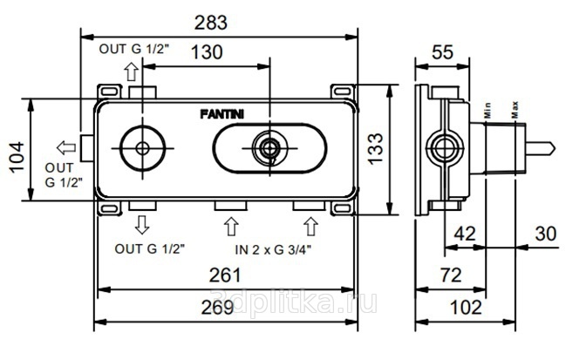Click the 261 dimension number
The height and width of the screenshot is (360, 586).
pyautogui.click(x=226, y=276)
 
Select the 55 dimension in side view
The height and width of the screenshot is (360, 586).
pyautogui.click(x=442, y=52)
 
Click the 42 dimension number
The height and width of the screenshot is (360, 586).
pyautogui.click(x=466, y=234)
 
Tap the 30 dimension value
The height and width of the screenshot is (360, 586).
pyautogui.click(x=546, y=234)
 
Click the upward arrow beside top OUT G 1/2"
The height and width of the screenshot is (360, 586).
pyautogui.click(x=135, y=69)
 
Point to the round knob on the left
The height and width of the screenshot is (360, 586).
pyautogui.click(x=141, y=148)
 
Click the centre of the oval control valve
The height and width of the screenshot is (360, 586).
pyautogui.click(x=268, y=148)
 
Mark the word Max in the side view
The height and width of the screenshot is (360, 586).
pyautogui.click(x=515, y=110)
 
